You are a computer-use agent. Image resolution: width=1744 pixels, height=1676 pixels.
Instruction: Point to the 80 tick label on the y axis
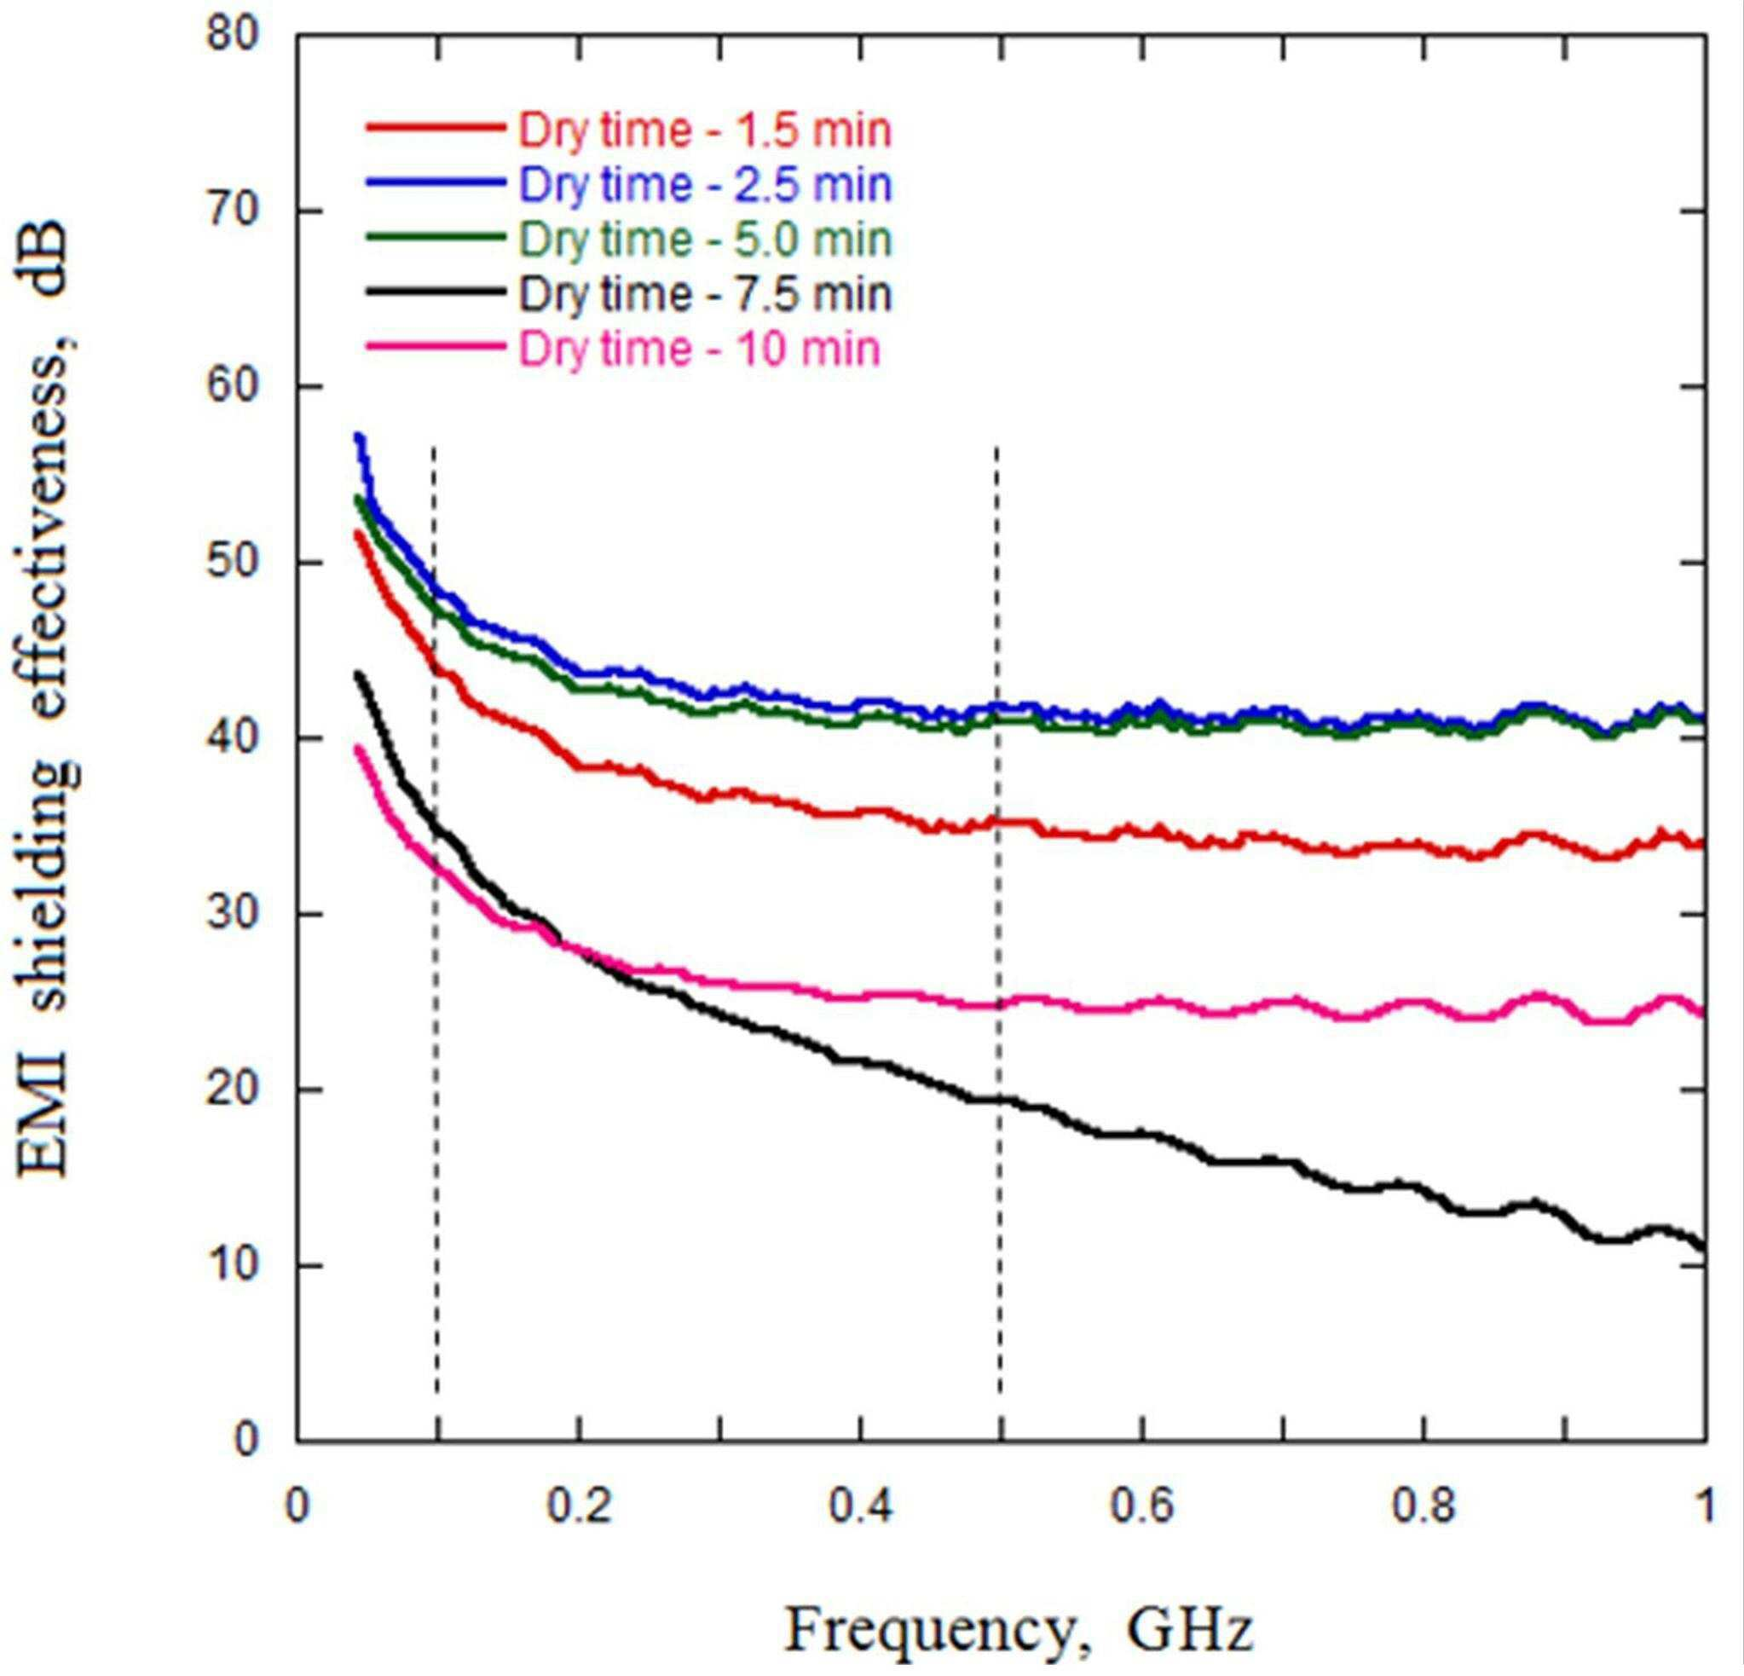(232, 36)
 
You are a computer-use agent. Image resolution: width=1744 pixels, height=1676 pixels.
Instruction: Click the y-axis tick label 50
(232, 563)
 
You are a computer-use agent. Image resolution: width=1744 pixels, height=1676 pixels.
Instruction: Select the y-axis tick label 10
(232, 1266)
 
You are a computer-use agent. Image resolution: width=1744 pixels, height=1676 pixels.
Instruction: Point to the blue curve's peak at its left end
(359, 436)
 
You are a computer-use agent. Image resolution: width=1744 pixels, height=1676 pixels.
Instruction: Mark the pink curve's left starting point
(358, 748)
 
